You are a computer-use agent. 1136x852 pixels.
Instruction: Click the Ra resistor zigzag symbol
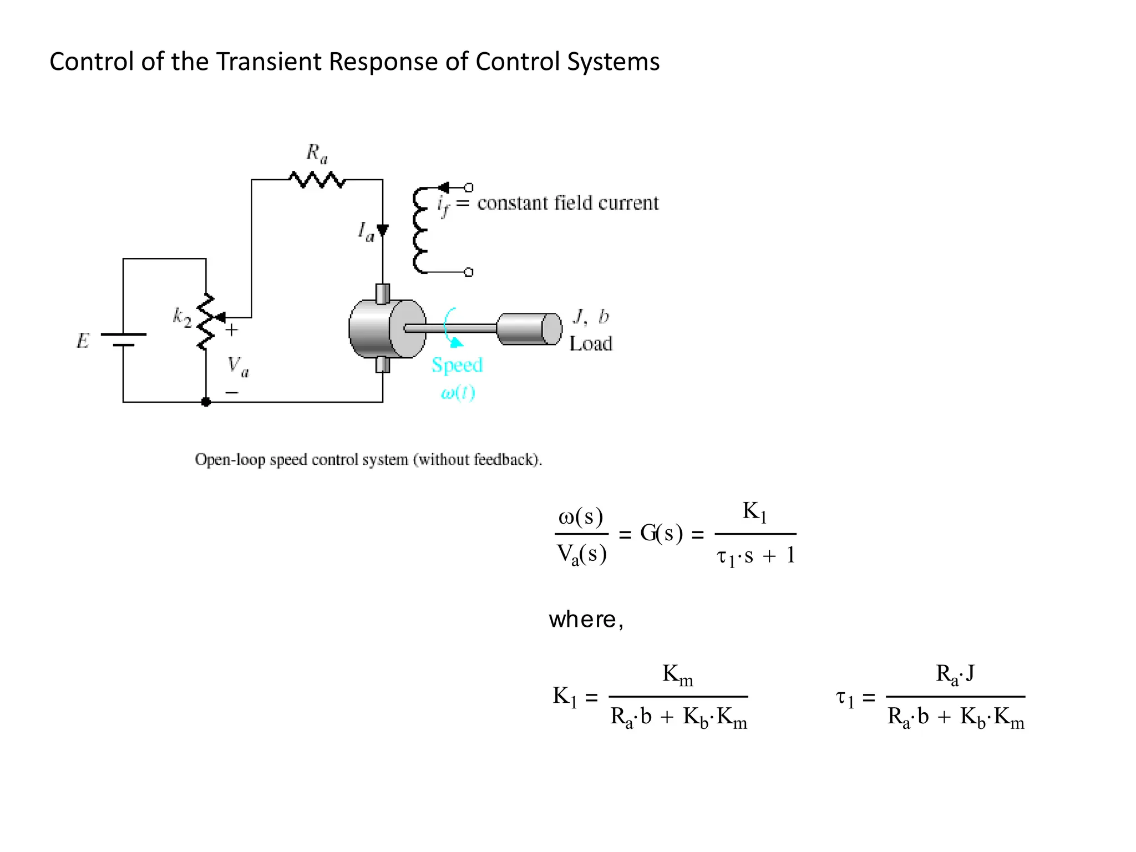pyautogui.click(x=317, y=180)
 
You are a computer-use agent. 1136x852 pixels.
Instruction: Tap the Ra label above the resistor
pyautogui.click(x=317, y=153)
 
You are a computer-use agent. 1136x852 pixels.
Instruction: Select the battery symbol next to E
pyautogui.click(x=123, y=339)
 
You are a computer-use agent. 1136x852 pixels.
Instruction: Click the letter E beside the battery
pyautogui.click(x=83, y=341)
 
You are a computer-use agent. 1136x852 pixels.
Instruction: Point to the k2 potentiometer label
pyautogui.click(x=182, y=317)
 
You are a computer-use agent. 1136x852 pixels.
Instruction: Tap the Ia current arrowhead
pyautogui.click(x=383, y=230)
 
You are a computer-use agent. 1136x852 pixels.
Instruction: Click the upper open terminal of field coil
pyautogui.click(x=469, y=187)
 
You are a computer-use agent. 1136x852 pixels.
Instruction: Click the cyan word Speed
pyautogui.click(x=457, y=365)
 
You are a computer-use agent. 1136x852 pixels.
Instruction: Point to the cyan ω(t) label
pyautogui.click(x=458, y=393)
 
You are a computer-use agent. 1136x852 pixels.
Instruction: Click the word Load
pyautogui.click(x=591, y=344)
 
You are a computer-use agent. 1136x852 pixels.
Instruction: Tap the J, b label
pyautogui.click(x=591, y=317)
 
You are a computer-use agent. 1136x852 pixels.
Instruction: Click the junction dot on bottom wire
pyautogui.click(x=206, y=402)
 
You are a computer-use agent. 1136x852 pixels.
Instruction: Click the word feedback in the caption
pyautogui.click(x=504, y=460)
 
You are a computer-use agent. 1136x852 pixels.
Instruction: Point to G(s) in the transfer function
pyautogui.click(x=661, y=534)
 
